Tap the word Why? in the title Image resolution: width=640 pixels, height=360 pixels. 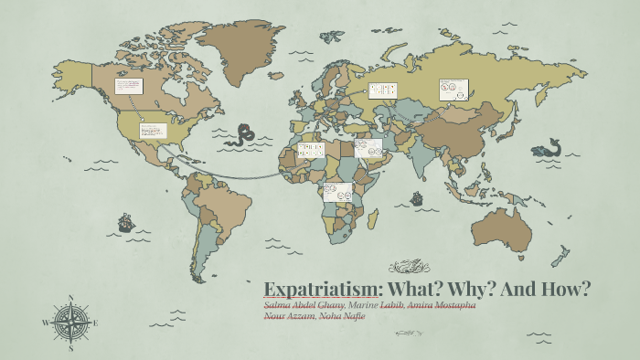coord(463,289)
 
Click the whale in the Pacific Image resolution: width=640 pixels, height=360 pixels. coord(548,145)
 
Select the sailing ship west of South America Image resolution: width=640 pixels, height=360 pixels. coord(124,222)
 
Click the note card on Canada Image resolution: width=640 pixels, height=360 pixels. coord(128,90)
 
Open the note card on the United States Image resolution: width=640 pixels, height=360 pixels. coord(152,130)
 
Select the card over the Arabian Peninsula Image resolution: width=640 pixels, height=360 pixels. coord(368,148)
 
